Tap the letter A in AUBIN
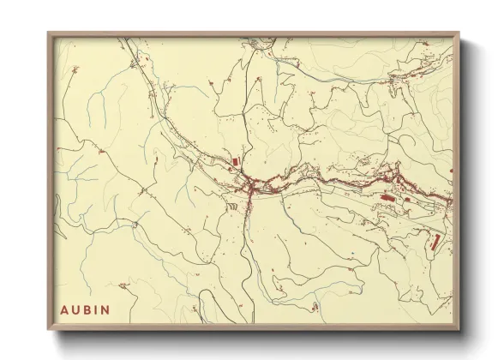64,306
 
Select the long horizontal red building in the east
387,197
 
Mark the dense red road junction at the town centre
249,186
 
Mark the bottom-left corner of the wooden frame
48,328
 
